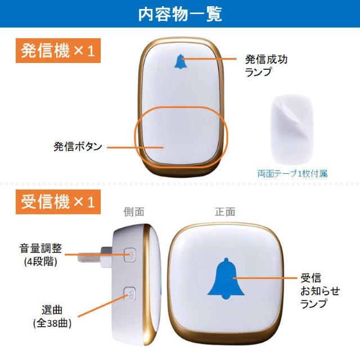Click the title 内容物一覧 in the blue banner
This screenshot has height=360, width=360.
[180, 13]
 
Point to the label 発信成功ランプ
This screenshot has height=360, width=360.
[265, 65]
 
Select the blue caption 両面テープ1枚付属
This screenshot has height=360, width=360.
[292, 174]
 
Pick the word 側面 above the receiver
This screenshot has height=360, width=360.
[134, 212]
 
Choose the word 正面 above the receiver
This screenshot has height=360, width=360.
[224, 212]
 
